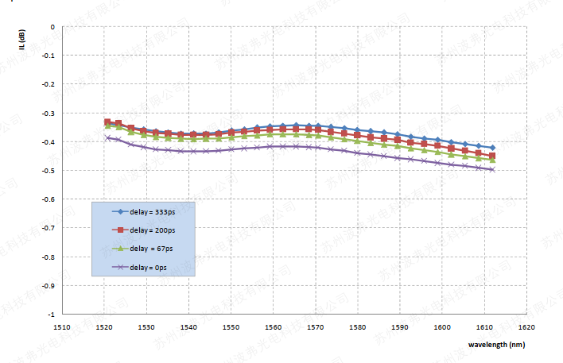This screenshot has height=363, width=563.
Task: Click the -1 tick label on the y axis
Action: point(52,314)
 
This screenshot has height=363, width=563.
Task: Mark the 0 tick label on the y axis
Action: point(52,26)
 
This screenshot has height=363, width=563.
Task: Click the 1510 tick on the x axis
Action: point(61,326)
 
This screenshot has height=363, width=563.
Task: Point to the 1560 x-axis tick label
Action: point(273,326)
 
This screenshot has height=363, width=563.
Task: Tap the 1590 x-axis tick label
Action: point(399,326)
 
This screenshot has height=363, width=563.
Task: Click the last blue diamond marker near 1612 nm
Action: point(492,148)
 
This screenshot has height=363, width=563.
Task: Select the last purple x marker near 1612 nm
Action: point(492,169)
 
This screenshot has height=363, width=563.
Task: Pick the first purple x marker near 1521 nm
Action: point(107,137)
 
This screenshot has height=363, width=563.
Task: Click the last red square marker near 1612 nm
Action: point(492,156)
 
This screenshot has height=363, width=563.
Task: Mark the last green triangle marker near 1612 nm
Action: point(492,160)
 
